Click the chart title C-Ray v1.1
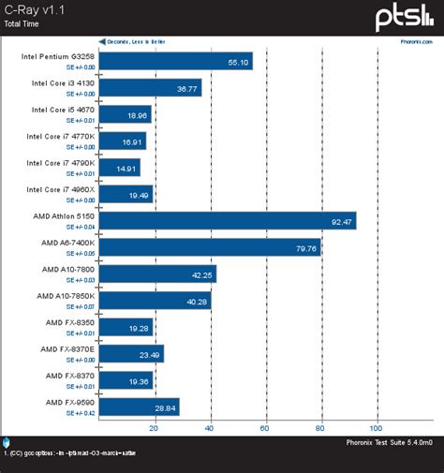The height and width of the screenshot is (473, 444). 31,8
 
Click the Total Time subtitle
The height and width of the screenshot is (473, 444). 23,22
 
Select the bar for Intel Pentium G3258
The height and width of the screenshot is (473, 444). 174,62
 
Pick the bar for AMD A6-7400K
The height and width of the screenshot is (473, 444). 209,247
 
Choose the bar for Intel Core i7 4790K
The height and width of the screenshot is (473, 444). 119,168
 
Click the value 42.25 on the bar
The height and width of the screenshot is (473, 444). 202,274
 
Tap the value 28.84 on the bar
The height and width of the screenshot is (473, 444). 165,407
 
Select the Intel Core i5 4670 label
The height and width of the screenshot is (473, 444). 63,110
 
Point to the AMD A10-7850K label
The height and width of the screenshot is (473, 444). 66,296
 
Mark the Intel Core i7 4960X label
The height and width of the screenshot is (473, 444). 61,189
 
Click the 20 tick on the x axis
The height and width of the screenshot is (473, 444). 154,428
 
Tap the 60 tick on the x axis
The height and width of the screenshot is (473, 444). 265,428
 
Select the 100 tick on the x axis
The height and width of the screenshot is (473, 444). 377,428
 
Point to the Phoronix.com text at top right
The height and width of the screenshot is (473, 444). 418,42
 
